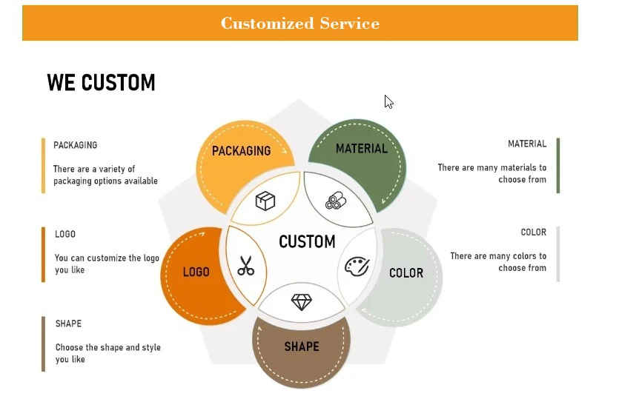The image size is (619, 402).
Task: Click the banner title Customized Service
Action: pyautogui.click(x=299, y=23)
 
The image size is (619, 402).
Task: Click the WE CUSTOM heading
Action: pyautogui.click(x=101, y=82)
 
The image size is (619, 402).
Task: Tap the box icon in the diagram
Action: pyautogui.click(x=265, y=201)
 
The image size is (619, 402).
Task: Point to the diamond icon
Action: pyautogui.click(x=302, y=302)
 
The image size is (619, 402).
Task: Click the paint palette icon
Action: pyautogui.click(x=357, y=266)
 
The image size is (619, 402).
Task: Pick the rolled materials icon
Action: pyautogui.click(x=335, y=201)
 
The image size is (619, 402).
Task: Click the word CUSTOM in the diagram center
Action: pyautogui.click(x=307, y=241)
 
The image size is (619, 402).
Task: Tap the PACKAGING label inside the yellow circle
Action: pyautogui.click(x=241, y=150)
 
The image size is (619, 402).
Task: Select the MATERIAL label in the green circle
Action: pyautogui.click(x=362, y=149)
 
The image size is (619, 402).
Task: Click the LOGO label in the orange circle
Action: pyautogui.click(x=196, y=272)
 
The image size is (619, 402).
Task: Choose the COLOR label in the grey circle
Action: pyautogui.click(x=406, y=273)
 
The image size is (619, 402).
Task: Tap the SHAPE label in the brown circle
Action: pyautogui.click(x=302, y=346)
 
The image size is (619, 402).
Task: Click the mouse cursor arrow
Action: pyautogui.click(x=388, y=102)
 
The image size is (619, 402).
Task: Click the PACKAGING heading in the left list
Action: pyautogui.click(x=75, y=145)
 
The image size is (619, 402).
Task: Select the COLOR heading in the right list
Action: pyautogui.click(x=534, y=232)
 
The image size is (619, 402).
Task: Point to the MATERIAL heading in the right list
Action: pyautogui.click(x=527, y=144)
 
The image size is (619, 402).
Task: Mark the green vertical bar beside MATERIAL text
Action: pyautogui.click(x=558, y=165)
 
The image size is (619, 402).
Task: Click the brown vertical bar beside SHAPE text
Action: pyautogui.click(x=43, y=344)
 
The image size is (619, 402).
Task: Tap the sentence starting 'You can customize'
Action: pyautogui.click(x=107, y=264)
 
